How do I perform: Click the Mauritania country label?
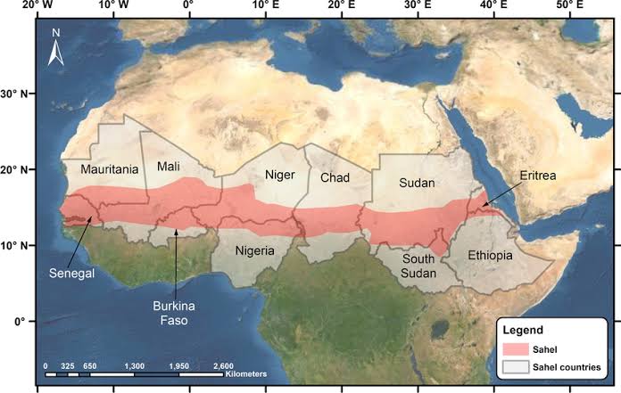[109, 168]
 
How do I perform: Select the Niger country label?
[279, 175]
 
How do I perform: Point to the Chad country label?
[335, 177]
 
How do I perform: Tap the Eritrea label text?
[535, 176]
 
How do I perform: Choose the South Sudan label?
[418, 266]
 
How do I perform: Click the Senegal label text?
[71, 272]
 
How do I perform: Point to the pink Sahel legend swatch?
[516, 349]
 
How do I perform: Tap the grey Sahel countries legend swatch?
[516, 366]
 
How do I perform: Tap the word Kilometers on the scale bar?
[246, 374]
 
